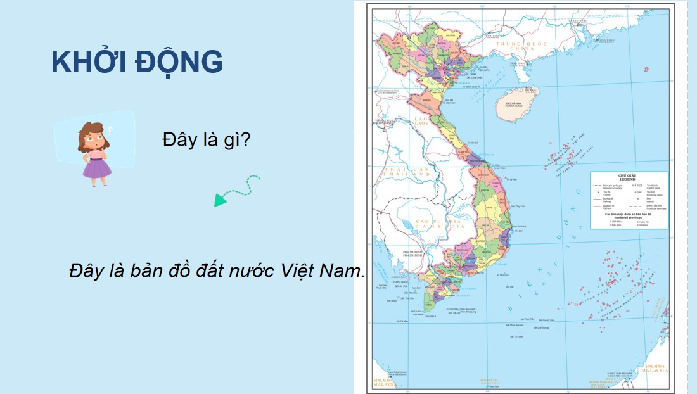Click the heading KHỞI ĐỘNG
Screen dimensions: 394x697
point(137,62)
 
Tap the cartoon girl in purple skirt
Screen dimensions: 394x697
point(96,155)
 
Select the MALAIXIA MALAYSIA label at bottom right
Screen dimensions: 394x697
point(655,369)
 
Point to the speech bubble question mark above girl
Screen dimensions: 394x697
point(110,130)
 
